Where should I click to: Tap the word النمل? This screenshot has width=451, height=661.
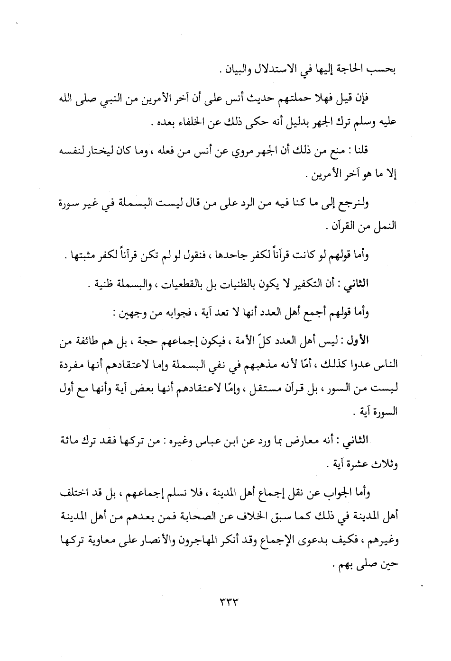tap(385, 227)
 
